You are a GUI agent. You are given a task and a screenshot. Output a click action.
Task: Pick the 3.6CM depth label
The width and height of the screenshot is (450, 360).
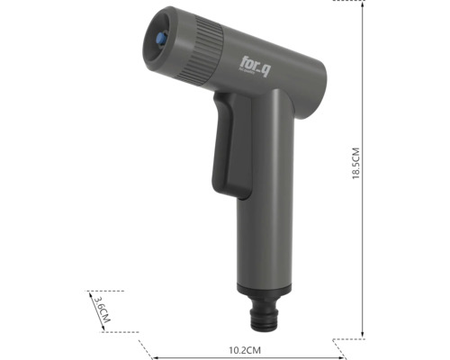pyautogui.click(x=102, y=311)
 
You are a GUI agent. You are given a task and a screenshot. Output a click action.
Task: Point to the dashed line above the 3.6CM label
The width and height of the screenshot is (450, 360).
pyautogui.click(x=106, y=292)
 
